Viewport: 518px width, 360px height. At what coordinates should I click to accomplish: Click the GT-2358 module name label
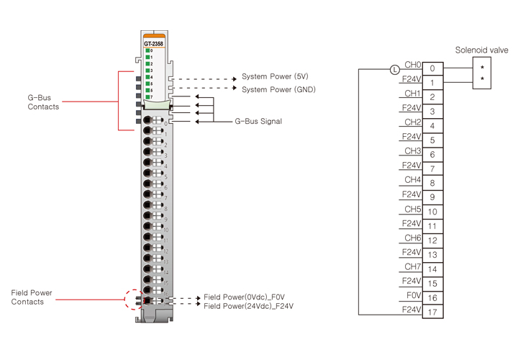(x=153, y=43)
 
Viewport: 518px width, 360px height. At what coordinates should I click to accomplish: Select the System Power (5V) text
(x=275, y=76)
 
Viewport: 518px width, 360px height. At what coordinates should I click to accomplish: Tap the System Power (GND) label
(x=278, y=89)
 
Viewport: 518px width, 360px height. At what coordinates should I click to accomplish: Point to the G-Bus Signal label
(x=258, y=122)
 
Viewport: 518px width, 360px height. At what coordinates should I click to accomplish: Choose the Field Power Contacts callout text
(x=32, y=297)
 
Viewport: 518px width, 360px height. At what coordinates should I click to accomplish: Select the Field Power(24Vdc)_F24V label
(x=248, y=306)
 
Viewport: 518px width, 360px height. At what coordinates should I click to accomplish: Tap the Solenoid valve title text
(x=481, y=50)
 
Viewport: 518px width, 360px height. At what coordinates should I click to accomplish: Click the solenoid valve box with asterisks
(x=481, y=73)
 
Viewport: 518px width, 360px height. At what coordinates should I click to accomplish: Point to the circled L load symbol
(x=394, y=70)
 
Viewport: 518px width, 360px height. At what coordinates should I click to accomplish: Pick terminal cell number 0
(x=432, y=68)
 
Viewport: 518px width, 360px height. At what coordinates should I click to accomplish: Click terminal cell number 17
(x=432, y=312)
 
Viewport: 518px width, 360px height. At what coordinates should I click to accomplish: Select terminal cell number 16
(x=432, y=298)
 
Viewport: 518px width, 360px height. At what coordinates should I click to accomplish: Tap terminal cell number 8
(x=432, y=183)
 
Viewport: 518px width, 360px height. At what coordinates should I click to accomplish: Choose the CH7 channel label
(x=412, y=266)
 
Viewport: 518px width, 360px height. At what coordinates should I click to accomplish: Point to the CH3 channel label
(x=412, y=150)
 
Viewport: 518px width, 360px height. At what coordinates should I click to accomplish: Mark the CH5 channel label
(x=412, y=208)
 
